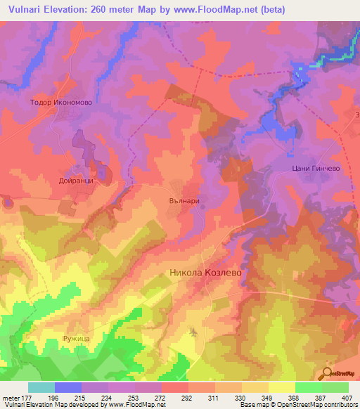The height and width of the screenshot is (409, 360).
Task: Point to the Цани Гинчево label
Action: click(311, 168)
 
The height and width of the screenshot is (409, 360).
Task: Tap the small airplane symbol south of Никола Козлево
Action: click(193, 330)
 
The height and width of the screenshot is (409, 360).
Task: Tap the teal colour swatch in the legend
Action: click(41, 387)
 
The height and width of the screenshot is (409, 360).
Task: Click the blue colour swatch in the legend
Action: click(68, 387)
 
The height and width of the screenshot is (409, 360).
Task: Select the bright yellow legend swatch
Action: click(281, 387)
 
